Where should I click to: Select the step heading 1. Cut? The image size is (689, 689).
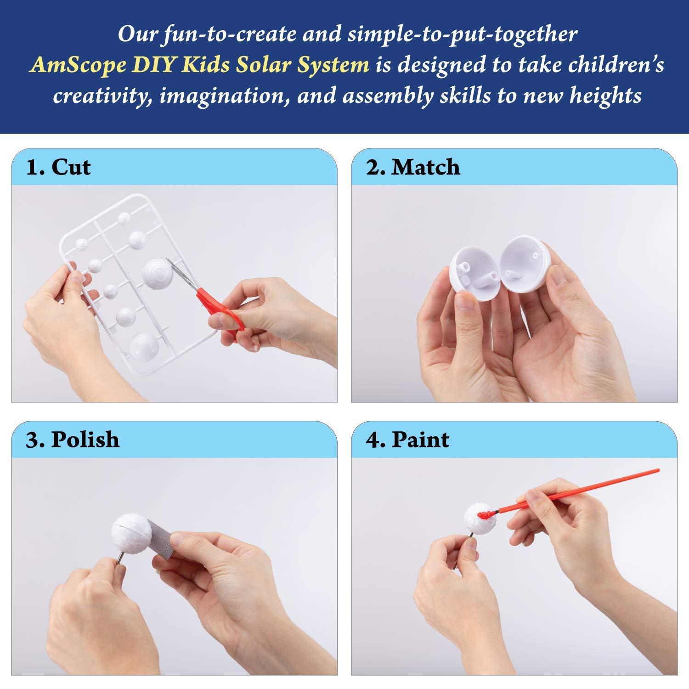pos(58,167)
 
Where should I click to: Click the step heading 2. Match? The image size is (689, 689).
pos(413,167)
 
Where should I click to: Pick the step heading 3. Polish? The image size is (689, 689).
pos(73,440)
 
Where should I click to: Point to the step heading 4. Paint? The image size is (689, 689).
pos(407,440)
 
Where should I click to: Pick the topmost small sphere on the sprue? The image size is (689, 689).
pos(124,217)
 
